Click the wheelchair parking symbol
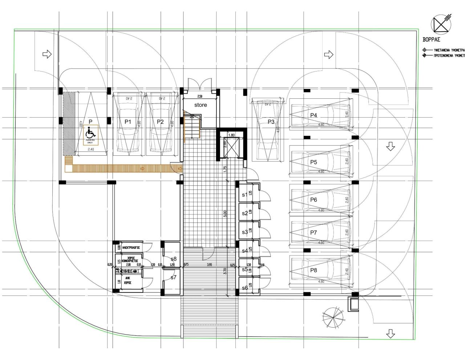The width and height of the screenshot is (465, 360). coord(90,133)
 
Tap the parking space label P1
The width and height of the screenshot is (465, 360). coord(128,122)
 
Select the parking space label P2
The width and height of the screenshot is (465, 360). coord(160,122)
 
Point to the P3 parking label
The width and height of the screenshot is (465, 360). coord(271,122)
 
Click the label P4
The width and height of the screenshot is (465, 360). coord(314,115)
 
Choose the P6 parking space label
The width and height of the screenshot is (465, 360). coord(314,200)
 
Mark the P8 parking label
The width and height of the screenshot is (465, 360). coord(314,270)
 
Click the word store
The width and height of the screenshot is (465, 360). coord(200,105)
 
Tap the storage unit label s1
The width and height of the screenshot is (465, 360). coord(244,195)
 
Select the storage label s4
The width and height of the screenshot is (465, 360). coord(244,251)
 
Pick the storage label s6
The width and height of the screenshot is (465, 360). coord(244,288)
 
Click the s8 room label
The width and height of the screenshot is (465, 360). coord(173,259)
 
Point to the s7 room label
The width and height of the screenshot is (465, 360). coord(173,277)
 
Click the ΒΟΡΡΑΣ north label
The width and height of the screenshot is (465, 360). coord(431,40)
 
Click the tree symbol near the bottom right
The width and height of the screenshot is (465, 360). coord(333,317)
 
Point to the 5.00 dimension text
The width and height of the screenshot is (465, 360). coord(225,214)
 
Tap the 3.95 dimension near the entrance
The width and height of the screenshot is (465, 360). coord(210,265)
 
